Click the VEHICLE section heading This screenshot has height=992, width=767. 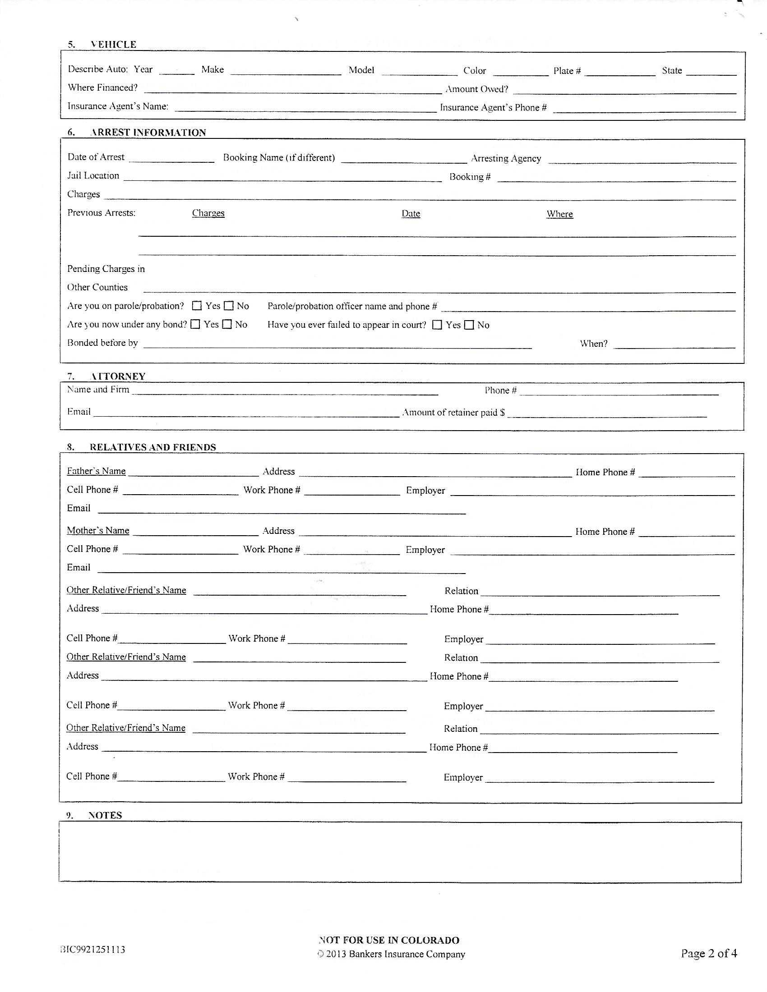point(113,45)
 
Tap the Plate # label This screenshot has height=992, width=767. point(567,71)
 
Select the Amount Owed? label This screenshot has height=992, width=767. point(476,89)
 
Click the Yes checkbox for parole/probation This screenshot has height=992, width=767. point(197,306)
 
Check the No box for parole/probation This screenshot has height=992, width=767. point(229,306)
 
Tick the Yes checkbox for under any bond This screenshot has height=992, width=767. point(195,324)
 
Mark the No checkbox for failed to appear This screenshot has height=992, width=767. point(469,325)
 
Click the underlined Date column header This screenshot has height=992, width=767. point(411,213)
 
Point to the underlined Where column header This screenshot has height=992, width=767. point(559,214)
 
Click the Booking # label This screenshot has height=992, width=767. point(470,177)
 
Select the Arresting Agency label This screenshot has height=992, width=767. point(506,159)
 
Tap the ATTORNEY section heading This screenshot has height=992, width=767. point(118,376)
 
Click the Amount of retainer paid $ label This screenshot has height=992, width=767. point(453,413)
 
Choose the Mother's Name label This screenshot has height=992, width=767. point(98,531)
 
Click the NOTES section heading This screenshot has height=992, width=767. point(105,815)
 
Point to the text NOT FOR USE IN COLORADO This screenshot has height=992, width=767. point(389,940)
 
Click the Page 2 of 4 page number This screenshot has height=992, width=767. point(708,953)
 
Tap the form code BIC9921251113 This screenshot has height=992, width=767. point(92,949)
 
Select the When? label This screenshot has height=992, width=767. point(593,344)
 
